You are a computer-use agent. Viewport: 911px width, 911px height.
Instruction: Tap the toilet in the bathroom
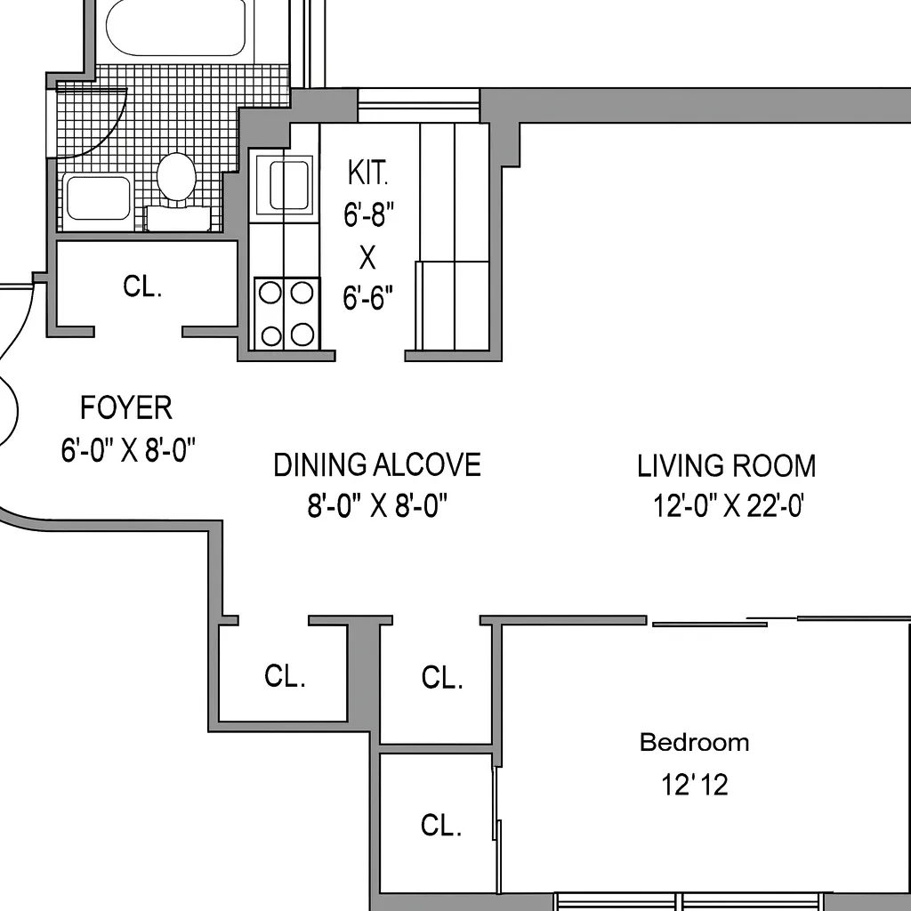tap(176, 178)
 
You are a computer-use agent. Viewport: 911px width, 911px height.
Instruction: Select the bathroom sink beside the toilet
tap(98, 198)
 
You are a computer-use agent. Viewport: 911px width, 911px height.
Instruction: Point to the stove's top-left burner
tap(270, 293)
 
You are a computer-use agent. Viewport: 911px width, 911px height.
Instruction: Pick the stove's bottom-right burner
tap(302, 335)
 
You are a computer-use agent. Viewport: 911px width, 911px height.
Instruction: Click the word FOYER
tap(126, 408)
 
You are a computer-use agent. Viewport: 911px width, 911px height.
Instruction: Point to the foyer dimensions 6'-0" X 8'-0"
tap(128, 450)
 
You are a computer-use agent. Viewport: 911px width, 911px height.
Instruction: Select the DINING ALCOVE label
tap(376, 465)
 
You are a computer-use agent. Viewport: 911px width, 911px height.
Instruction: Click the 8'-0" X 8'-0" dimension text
tap(376, 507)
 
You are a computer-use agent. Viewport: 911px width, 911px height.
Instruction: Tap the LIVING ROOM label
tap(726, 466)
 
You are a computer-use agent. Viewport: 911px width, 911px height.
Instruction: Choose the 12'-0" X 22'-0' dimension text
tap(729, 507)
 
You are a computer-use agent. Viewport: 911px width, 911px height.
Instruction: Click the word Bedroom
tap(694, 742)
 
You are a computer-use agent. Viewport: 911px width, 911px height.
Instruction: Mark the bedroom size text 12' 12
tap(694, 785)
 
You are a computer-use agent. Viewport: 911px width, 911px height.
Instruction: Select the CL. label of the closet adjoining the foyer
tap(142, 286)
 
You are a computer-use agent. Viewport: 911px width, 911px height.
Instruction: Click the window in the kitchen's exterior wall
tap(418, 106)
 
